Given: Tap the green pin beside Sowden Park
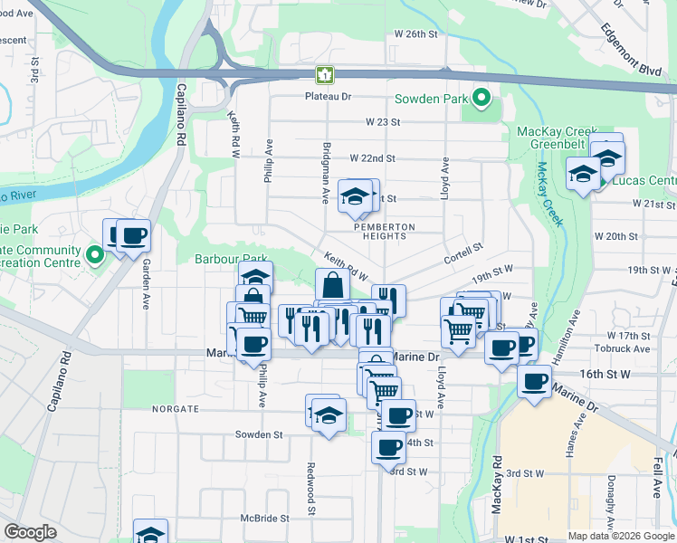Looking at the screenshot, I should tap(482, 97).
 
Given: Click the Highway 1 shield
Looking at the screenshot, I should tap(322, 74).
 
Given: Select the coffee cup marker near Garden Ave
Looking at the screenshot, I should tap(134, 236).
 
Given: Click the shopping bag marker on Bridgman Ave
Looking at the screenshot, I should tap(333, 284).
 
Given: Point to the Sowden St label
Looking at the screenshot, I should tap(258, 434).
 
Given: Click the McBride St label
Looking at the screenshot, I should tap(263, 519).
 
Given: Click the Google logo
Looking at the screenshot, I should tap(30, 532).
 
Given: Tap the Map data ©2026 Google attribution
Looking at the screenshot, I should tap(621, 535).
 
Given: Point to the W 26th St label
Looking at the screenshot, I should tap(415, 33).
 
